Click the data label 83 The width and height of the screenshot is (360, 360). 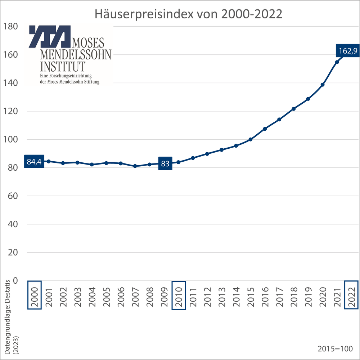(165, 163)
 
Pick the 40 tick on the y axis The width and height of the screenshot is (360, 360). (12, 224)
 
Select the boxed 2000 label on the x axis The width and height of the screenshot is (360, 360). (34, 295)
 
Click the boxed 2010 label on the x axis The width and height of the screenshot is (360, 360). (179, 295)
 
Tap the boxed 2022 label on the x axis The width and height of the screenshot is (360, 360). (351, 295)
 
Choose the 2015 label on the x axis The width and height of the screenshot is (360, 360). (251, 297)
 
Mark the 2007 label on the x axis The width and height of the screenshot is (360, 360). (135, 297)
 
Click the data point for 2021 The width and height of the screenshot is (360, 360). (337, 62)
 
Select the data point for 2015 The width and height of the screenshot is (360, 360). (251, 139)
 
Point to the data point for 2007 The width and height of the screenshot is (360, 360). (135, 166)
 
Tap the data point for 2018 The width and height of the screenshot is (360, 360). (294, 109)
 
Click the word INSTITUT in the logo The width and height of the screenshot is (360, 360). (63, 67)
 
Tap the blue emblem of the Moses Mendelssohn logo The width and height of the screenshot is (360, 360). (50, 36)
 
